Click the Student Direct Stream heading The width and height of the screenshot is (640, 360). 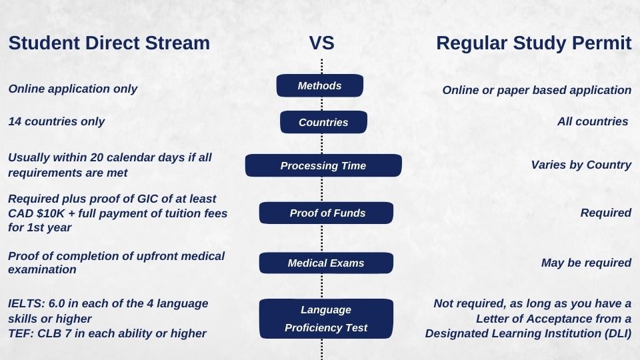pos(109,43)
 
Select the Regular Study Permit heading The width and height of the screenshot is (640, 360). pos(533,43)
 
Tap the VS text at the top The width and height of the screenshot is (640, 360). pos(321,43)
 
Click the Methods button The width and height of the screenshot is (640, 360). pos(320,86)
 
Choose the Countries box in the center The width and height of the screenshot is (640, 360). pos(323,123)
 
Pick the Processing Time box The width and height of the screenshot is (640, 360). pos(323,166)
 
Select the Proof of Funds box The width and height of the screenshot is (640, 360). pos(326,213)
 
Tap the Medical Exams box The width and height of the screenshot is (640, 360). pos(326,263)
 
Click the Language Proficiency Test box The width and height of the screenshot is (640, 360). pos(326,319)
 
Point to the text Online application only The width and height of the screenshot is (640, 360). pos(73,89)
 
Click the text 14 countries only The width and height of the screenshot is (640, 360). pos(56,121)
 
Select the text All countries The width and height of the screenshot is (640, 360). pos(593,121)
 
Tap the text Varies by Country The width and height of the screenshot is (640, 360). pos(581,165)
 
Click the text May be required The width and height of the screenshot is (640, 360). pos(586,263)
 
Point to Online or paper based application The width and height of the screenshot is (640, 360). pos(537,90)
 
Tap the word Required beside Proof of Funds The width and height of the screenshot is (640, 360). pos(605,213)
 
